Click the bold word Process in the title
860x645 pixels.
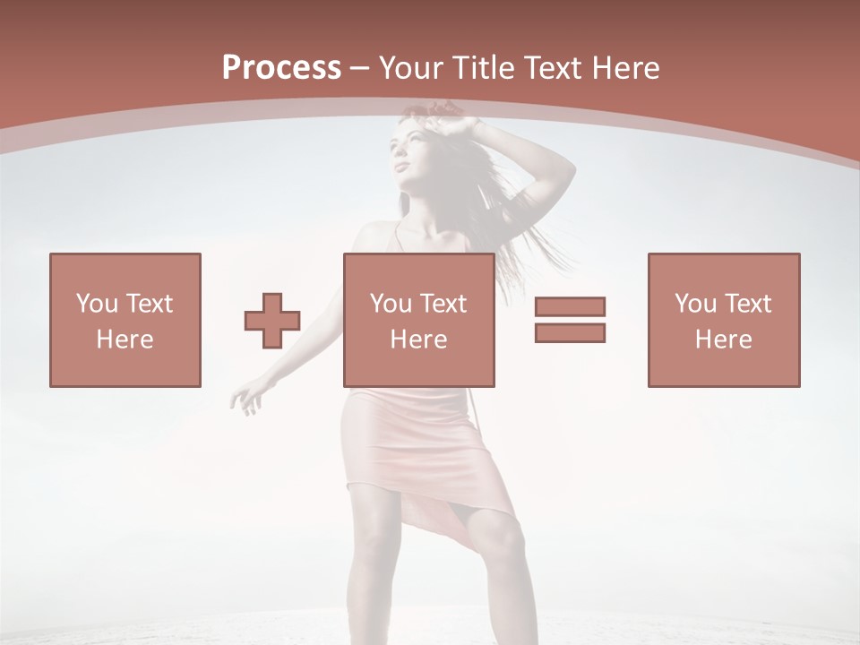(281, 67)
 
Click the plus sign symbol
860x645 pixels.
(272, 320)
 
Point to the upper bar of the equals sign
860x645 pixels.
(570, 306)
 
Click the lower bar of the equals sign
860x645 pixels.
(570, 332)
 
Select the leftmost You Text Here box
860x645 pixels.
(125, 320)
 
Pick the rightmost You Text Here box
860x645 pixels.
(723, 320)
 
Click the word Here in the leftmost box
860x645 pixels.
(125, 340)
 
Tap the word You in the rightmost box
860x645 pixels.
(695, 304)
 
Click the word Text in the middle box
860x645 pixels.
(443, 304)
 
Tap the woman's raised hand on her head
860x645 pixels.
(448, 119)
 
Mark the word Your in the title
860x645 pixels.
(409, 67)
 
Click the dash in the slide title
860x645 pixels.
(360, 67)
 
